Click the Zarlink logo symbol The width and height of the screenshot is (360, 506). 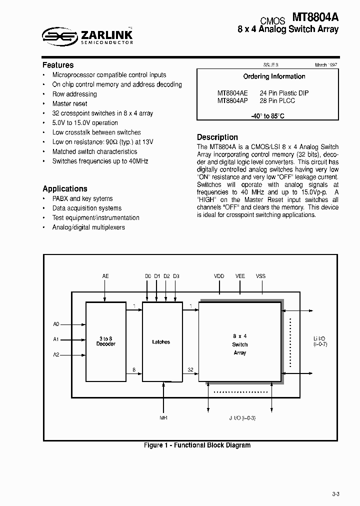pyautogui.click(x=59, y=34)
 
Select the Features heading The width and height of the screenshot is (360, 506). pyautogui.click(x=58, y=65)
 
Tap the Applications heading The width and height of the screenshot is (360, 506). pyautogui.click(x=65, y=188)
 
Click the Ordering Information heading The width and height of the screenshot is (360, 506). pyautogui.click(x=274, y=76)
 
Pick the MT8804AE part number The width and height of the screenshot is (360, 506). pyautogui.click(x=232, y=93)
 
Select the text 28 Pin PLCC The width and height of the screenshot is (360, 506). pyautogui.click(x=277, y=100)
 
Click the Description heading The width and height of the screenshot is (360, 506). pyautogui.click(x=217, y=137)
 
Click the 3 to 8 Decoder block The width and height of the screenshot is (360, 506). pyautogui.click(x=105, y=342)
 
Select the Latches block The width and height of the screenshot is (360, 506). pyautogui.click(x=161, y=342)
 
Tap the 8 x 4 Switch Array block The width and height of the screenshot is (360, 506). pyautogui.click(x=240, y=344)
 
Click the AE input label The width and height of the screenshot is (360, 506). pyautogui.click(x=105, y=276)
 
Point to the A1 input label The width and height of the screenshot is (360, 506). pyautogui.click(x=56, y=339)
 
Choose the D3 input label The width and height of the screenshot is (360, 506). pyautogui.click(x=176, y=276)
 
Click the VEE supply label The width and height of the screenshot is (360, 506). pyautogui.click(x=240, y=276)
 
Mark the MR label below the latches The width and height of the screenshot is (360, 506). pyautogui.click(x=163, y=417)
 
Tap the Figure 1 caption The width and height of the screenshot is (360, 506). pyautogui.click(x=197, y=445)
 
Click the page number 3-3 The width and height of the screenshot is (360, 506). pyautogui.click(x=335, y=494)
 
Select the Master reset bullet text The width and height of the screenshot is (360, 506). pyautogui.click(x=70, y=103)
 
